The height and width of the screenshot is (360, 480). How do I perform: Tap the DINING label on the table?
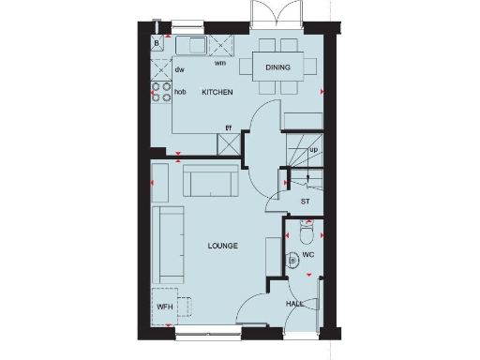tap(277, 67)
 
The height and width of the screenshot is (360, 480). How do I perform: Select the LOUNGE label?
tap(222, 246)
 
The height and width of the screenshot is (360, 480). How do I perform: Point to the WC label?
tap(307, 254)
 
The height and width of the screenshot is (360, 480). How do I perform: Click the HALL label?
tap(294, 304)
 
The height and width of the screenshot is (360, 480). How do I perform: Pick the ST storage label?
tap(305, 201)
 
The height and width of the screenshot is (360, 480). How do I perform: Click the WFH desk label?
tap(165, 307)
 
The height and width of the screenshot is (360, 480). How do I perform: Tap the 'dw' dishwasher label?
tap(178, 70)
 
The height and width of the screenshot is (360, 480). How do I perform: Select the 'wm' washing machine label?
tap(219, 64)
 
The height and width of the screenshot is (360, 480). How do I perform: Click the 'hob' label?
tap(180, 92)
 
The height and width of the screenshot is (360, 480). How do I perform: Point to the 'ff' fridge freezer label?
tap(227, 127)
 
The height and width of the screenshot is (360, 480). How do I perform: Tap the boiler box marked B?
tap(157, 43)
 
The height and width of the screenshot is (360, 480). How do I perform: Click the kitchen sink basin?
tap(196, 44)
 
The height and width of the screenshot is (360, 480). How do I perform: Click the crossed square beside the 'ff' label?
tap(228, 143)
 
